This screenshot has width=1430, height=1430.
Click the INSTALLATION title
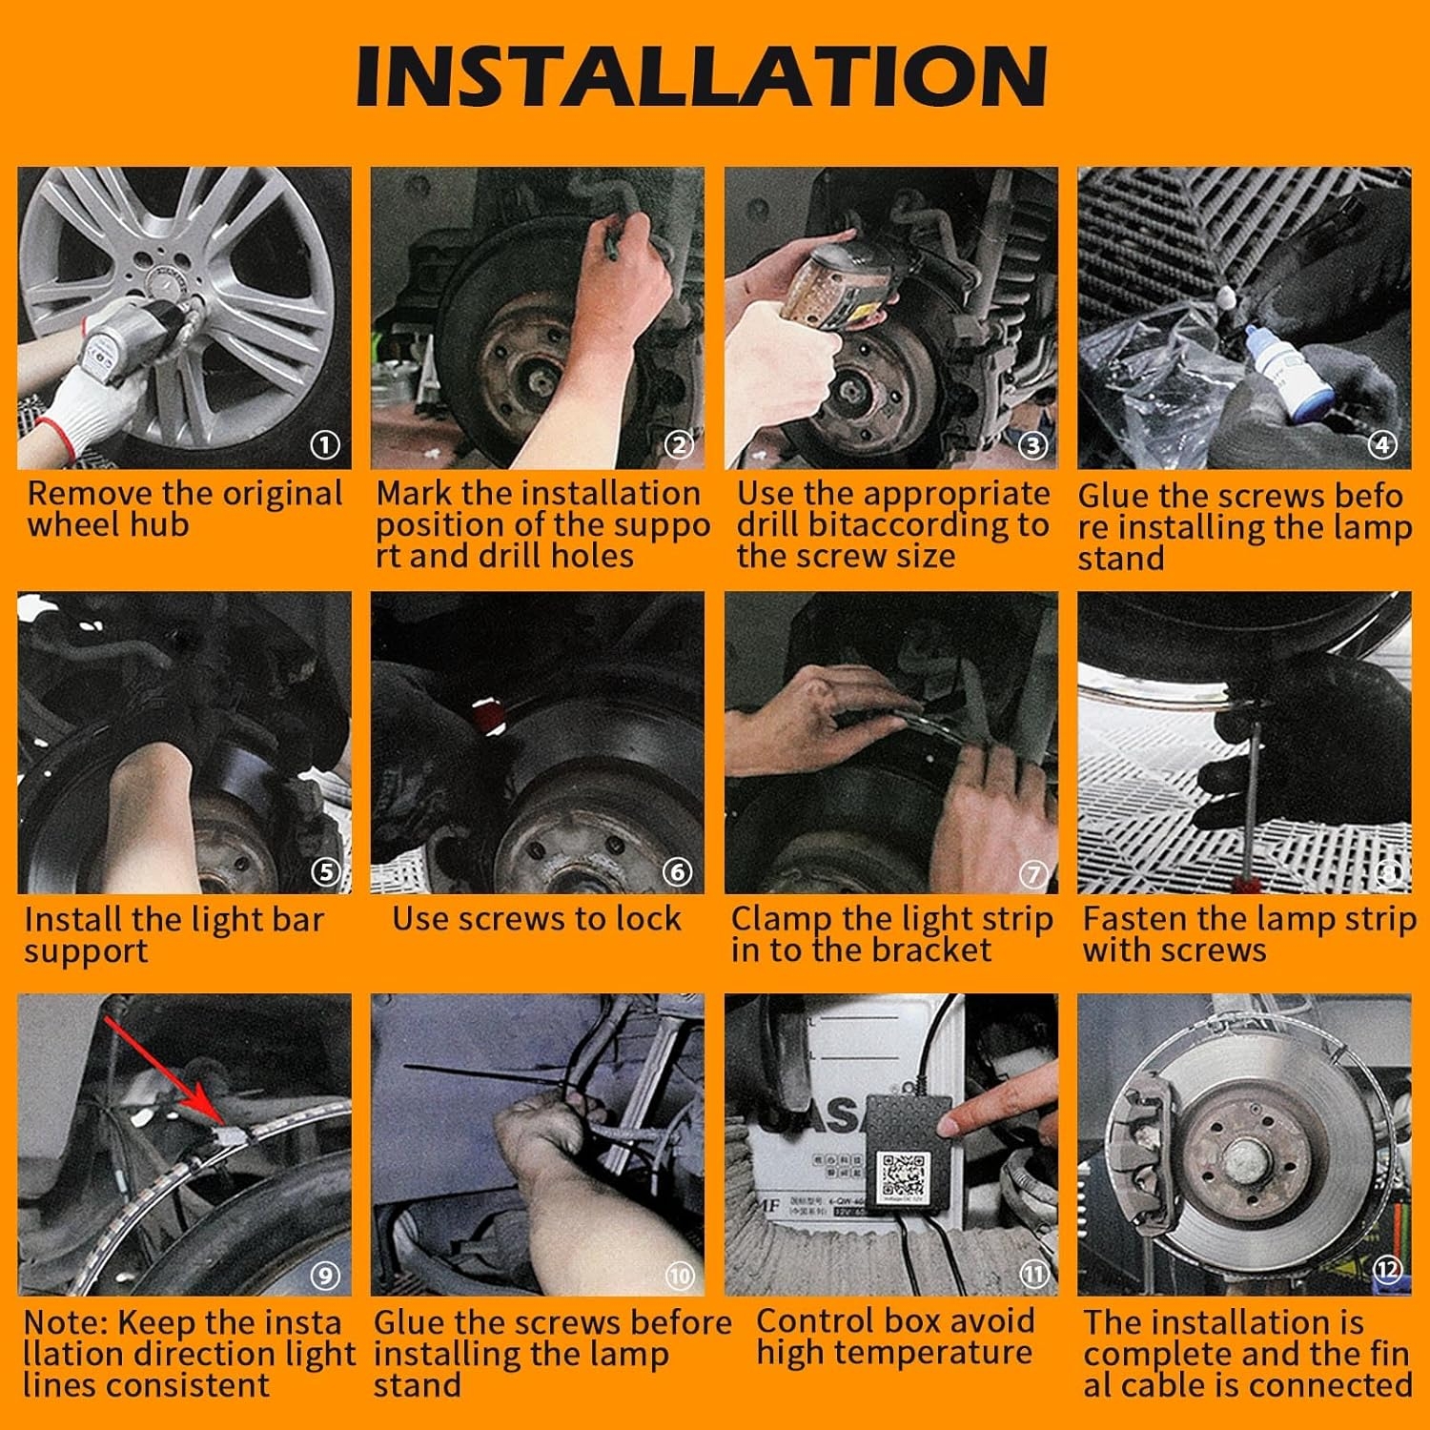(x=702, y=75)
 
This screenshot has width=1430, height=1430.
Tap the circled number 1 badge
(x=326, y=444)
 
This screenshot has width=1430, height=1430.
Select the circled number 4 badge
(x=1382, y=444)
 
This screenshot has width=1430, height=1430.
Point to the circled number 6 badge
(x=677, y=871)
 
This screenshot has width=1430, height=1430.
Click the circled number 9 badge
(x=325, y=1275)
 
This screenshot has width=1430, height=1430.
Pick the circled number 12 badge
(x=1387, y=1270)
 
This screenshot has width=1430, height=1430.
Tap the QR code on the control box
(x=902, y=1176)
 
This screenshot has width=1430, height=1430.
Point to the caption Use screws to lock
(x=537, y=919)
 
